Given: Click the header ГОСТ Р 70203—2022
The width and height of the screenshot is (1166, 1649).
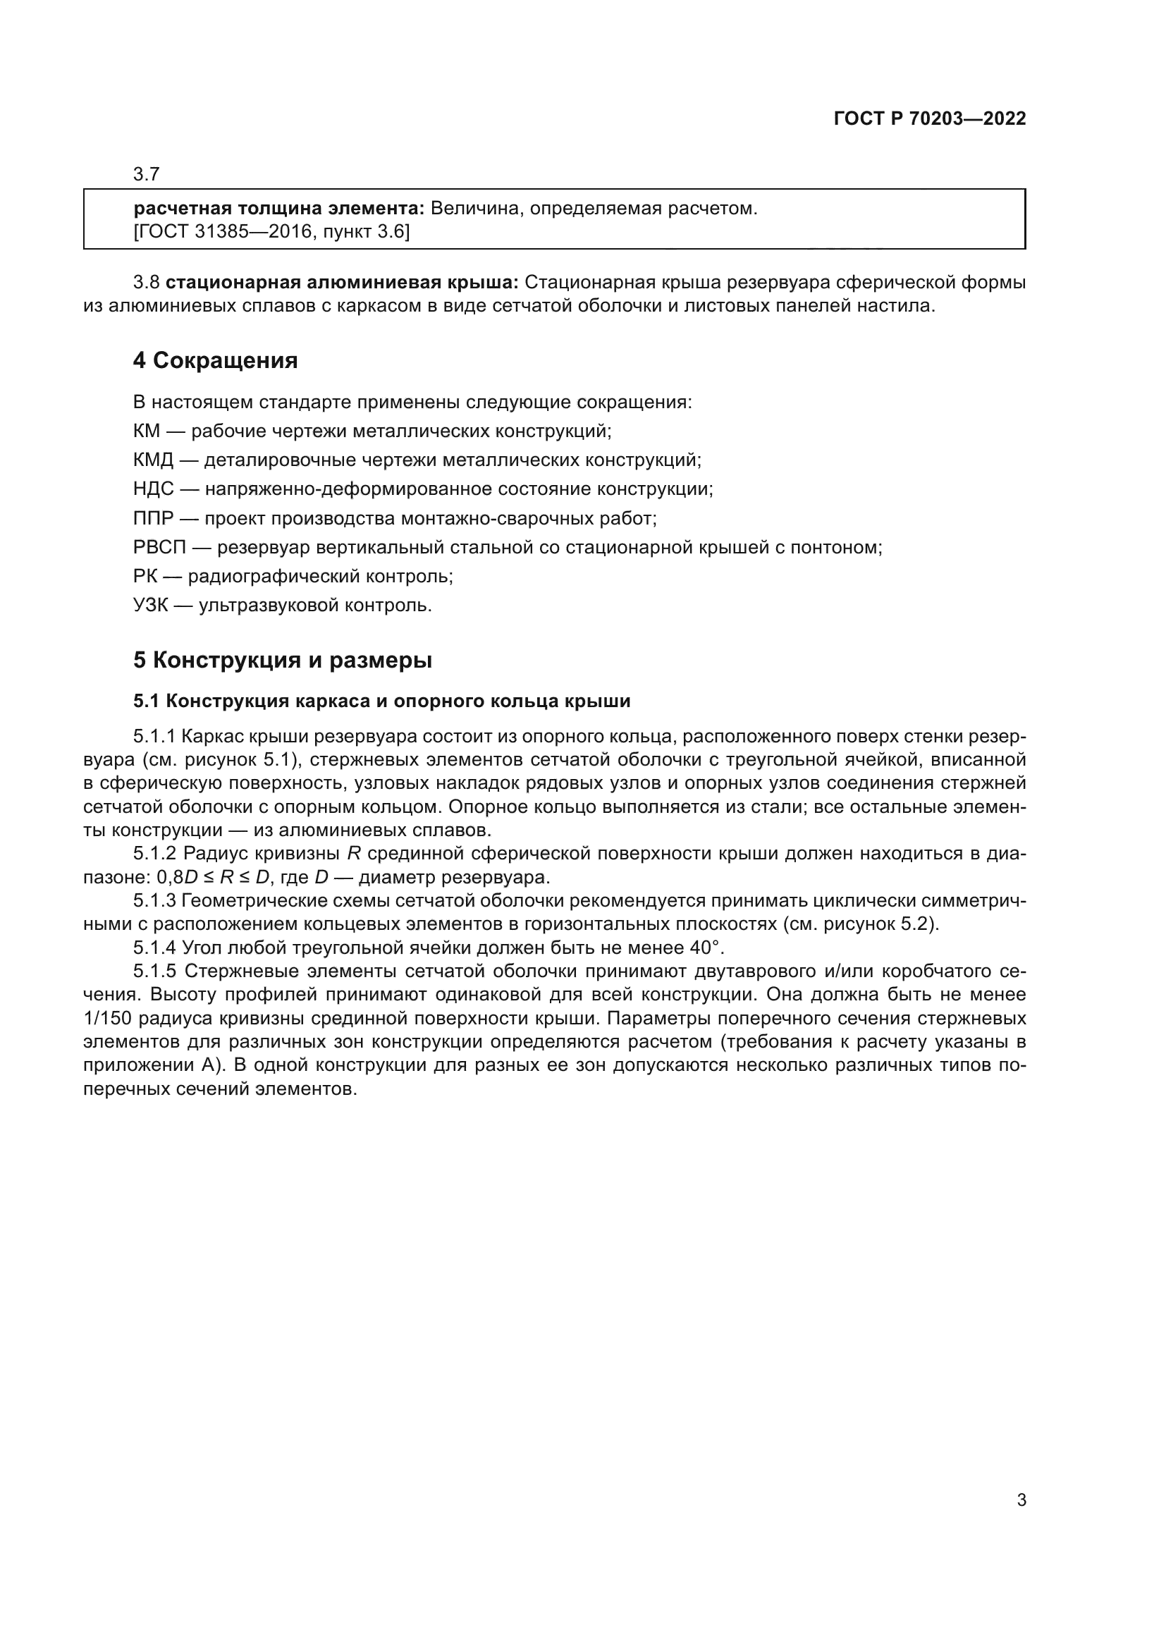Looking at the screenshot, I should point(929,119).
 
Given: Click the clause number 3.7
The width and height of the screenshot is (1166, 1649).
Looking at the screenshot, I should point(147,175).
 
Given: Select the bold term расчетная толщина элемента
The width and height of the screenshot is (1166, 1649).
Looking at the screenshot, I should point(279,209).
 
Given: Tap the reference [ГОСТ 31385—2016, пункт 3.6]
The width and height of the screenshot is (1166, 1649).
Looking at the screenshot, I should point(272,232).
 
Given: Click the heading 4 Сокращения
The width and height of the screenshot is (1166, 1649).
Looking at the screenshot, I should point(216,360).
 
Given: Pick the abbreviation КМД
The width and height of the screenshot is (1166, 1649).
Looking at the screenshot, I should point(153,460).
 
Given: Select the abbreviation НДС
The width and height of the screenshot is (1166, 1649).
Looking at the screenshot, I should point(153,490).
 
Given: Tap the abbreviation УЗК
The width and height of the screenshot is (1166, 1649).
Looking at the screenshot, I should point(150,606).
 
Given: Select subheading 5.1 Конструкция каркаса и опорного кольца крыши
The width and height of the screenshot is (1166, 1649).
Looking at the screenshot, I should point(381,701).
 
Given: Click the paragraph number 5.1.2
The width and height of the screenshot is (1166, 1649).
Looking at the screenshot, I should point(154,854).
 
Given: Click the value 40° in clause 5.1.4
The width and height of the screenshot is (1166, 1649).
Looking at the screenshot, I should point(705,948).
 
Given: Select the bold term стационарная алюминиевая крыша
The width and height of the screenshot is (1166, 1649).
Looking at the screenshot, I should point(348,283).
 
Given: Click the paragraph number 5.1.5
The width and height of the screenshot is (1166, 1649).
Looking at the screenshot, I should point(154,971).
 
